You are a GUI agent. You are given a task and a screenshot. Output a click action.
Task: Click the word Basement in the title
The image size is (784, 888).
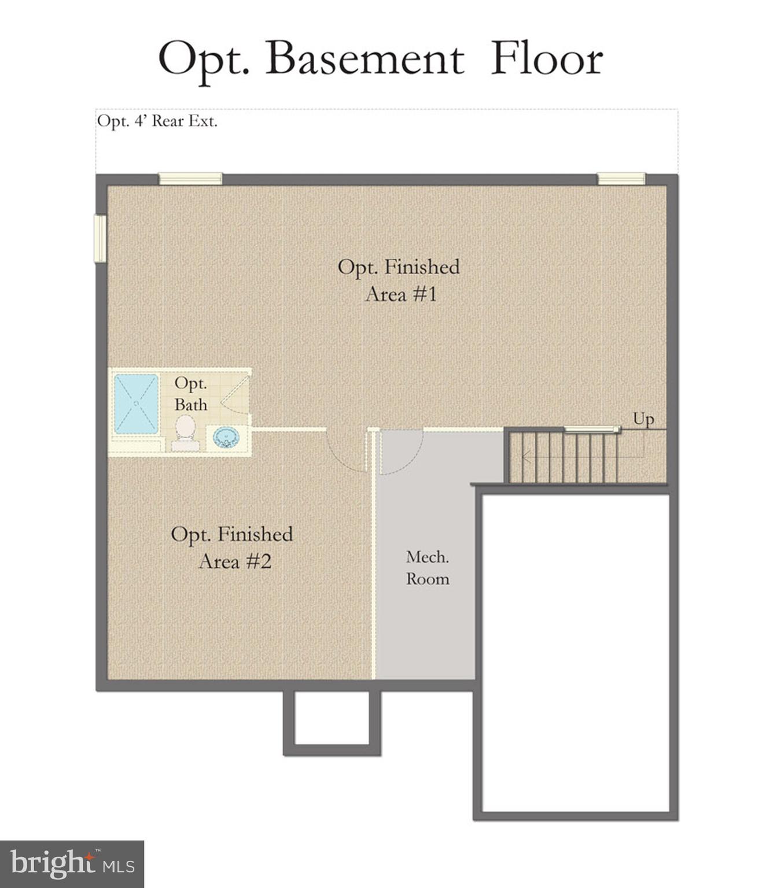(365, 59)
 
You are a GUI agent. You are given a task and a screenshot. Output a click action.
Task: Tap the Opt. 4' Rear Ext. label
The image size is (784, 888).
(157, 121)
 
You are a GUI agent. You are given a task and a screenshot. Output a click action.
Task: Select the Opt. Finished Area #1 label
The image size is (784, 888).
(399, 280)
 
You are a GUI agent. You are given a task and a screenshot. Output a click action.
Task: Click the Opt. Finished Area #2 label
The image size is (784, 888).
(232, 547)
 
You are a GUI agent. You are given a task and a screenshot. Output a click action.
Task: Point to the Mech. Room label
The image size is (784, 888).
(428, 568)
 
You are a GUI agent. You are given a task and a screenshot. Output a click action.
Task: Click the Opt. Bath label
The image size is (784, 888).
(190, 394)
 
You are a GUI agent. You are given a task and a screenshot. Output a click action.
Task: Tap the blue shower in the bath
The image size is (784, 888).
(136, 404)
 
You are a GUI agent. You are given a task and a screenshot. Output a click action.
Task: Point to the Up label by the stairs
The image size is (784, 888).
(643, 419)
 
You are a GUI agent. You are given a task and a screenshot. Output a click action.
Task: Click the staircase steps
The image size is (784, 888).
(564, 457)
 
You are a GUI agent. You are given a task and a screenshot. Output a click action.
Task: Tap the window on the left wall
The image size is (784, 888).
(101, 238)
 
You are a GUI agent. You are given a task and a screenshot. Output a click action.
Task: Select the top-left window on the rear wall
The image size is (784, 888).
(190, 179)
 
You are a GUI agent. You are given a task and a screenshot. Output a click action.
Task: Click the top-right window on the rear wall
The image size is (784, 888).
(621, 179)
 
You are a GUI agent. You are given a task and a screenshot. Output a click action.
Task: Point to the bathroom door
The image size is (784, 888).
(236, 393)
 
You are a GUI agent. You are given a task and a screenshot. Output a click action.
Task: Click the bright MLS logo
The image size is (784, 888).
(72, 864)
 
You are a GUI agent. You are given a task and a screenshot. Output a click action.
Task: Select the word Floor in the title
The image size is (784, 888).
(547, 59)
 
